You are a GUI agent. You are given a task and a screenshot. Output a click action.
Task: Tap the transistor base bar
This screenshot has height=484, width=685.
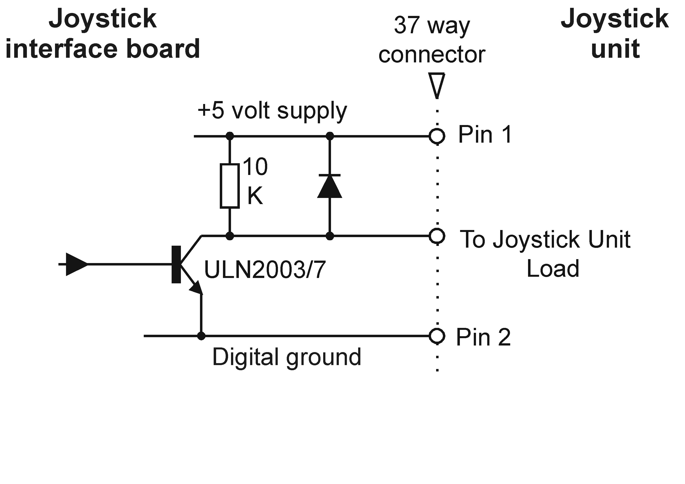(176, 264)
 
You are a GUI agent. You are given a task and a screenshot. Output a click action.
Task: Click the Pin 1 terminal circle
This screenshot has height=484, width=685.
(437, 136)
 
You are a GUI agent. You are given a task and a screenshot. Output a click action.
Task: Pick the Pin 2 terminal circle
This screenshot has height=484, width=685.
(437, 336)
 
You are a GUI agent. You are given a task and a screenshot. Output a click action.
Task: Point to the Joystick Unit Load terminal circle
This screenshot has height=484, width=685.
(437, 236)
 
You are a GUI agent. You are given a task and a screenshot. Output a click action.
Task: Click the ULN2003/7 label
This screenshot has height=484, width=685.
(265, 270)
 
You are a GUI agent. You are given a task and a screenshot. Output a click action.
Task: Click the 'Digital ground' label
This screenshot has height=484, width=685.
(287, 357)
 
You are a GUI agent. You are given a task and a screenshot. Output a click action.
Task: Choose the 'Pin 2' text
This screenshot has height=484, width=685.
(483, 337)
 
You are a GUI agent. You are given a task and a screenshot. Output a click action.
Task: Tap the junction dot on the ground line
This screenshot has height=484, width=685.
(201, 336)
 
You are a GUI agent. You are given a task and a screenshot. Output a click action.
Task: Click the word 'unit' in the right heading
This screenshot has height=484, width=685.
(615, 49)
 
